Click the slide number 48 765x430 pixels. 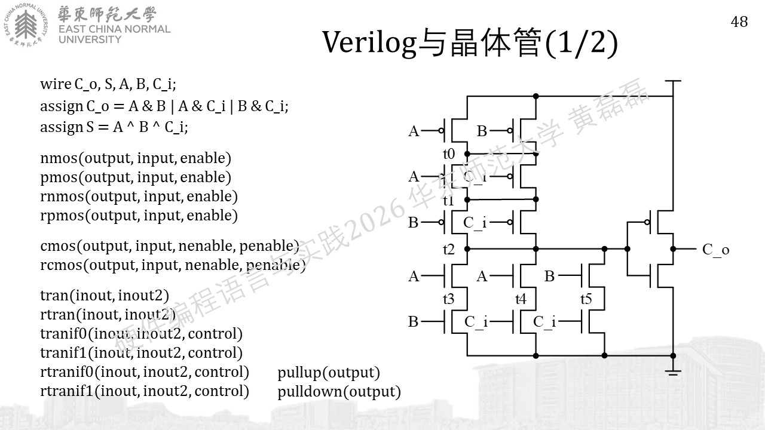coord(739,22)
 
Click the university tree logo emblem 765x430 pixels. coord(26,24)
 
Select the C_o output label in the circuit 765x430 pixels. coord(715,250)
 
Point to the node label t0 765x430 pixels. coord(449,154)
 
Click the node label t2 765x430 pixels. coord(449,250)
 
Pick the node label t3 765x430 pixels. coord(449,299)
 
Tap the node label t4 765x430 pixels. coord(521,299)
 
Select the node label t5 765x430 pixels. coord(586,299)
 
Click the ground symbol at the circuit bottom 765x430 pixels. coord(673,372)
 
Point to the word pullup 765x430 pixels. coord(299,374)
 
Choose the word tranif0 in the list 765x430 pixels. coord(63,334)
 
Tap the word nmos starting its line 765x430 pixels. coord(59,159)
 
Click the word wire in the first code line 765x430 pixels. coord(56,84)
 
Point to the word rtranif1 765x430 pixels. coord(66,391)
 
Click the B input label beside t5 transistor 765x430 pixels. coord(549,276)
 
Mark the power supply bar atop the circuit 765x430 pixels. coord(673,81)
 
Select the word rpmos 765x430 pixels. coord(62,216)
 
